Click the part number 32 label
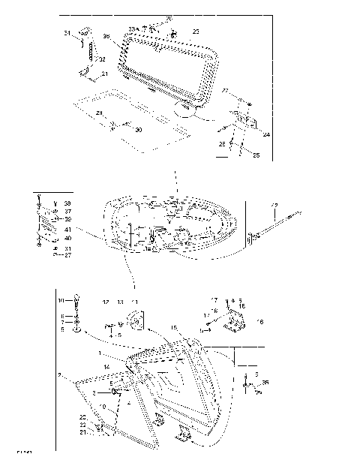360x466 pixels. (x=102, y=59)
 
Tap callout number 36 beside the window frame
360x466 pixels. (x=106, y=36)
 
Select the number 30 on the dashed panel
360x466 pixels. (x=138, y=130)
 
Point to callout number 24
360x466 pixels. (x=266, y=135)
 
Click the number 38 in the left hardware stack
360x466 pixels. (x=67, y=203)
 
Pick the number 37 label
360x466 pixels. (x=67, y=212)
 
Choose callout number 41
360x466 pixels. (x=67, y=229)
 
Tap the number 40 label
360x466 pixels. (x=67, y=239)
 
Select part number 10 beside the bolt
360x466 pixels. (x=62, y=300)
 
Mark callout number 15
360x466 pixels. (x=175, y=327)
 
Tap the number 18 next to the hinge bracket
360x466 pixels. (x=259, y=321)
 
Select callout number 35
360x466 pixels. (x=265, y=382)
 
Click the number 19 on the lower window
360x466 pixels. (x=101, y=406)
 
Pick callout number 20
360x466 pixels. (x=83, y=417)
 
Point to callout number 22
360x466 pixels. (x=83, y=425)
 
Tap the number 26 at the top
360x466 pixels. (x=169, y=17)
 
